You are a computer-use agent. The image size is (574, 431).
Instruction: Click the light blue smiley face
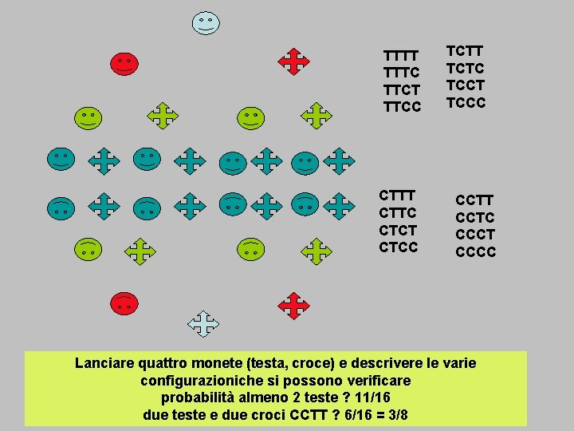point(206,22)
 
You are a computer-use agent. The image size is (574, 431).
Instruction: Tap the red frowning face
point(124,302)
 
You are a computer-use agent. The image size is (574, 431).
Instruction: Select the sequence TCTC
point(466,69)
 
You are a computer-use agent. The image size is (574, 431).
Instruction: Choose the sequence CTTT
point(398,196)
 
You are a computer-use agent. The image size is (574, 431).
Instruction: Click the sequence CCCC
point(475,252)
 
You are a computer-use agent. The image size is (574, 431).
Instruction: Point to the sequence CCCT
point(475,235)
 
